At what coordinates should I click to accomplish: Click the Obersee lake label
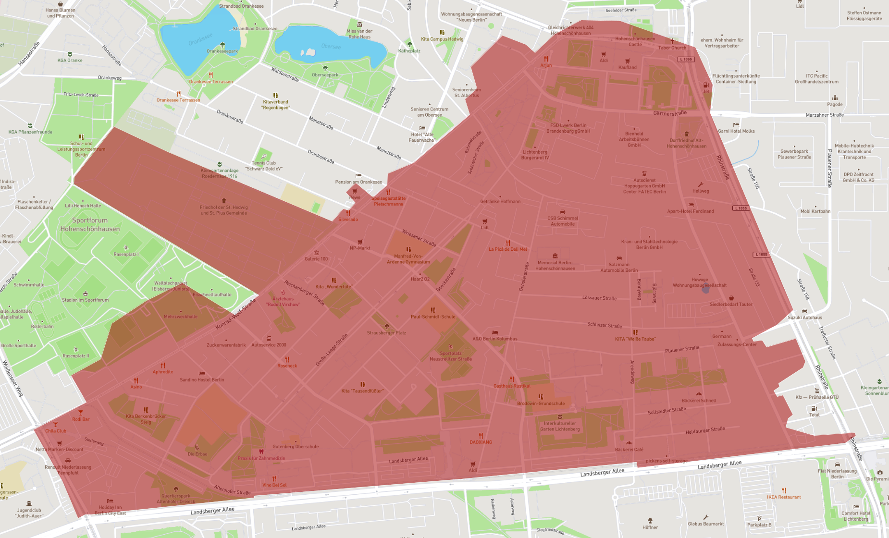pos(331,47)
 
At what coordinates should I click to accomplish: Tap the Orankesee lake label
pos(200,39)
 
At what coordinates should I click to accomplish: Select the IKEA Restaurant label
pos(784,497)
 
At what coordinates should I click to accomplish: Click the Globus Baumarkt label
pos(705,524)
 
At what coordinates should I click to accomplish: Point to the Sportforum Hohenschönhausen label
pos(90,224)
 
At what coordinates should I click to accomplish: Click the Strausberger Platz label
pos(386,333)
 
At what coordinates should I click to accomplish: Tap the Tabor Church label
pos(672,48)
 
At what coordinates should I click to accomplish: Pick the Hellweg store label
pos(700,191)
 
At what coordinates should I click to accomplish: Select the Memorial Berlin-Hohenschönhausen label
pos(555,266)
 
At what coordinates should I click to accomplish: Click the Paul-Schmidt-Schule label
pos(432,317)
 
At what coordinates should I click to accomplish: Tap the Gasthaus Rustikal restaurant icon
pos(512,379)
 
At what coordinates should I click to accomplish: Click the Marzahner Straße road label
pos(825,115)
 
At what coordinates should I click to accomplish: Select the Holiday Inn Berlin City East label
pos(110,510)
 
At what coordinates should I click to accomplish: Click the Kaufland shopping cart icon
pos(627,61)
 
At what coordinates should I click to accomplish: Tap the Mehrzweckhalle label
pos(180,317)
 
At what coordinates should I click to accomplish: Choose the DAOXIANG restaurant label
pos(481,442)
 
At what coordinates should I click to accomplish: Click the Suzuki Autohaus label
pos(804,318)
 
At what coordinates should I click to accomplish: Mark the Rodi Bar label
pos(81,419)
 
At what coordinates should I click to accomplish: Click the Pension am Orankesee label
pos(358,182)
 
